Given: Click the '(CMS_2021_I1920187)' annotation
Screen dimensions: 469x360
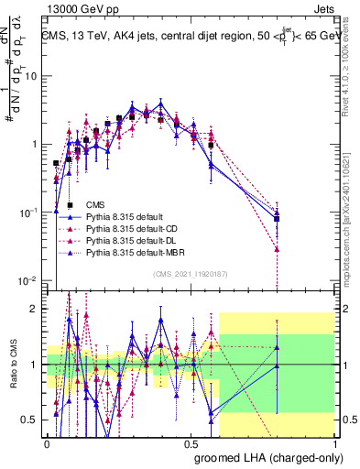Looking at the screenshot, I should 190,272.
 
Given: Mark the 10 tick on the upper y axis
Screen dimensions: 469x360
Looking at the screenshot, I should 32,76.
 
